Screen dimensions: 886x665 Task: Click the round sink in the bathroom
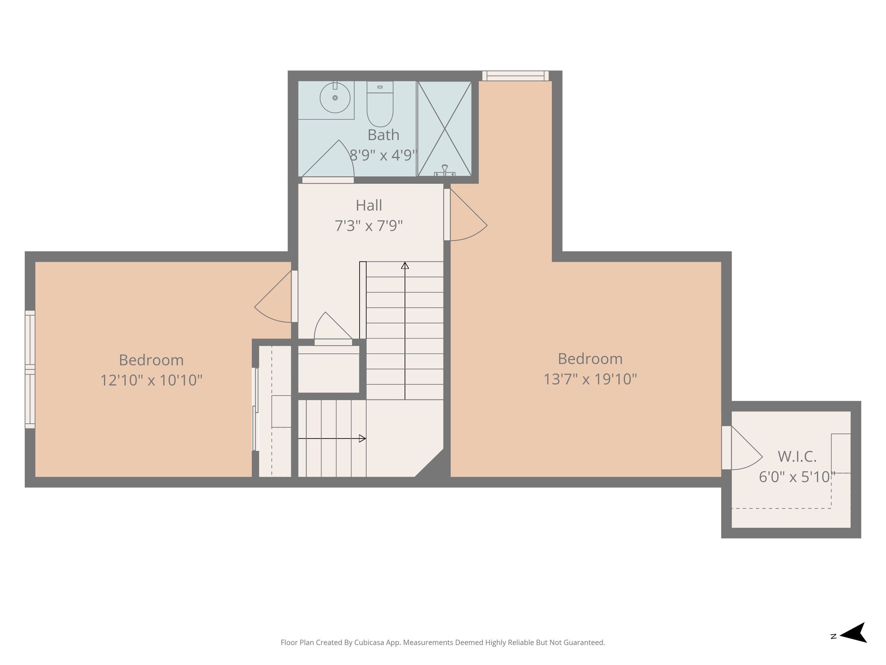coord(335,98)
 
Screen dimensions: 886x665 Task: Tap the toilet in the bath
coord(380,104)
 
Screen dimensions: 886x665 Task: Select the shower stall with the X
coord(444,129)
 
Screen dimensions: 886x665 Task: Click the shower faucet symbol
coord(445,171)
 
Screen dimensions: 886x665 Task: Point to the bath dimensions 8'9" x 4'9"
coord(383,155)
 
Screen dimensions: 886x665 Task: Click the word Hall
coord(369,205)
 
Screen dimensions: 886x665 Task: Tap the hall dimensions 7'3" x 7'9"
coord(369,226)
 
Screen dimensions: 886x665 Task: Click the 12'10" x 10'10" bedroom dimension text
coord(151,380)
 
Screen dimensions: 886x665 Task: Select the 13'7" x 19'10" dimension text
coord(590,379)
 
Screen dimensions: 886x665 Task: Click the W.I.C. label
coord(797,456)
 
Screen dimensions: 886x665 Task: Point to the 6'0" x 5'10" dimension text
coord(797,477)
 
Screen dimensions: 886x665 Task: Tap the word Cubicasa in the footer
coord(372,642)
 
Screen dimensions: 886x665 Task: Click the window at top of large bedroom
coord(515,76)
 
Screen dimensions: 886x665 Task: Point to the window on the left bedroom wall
coord(30,369)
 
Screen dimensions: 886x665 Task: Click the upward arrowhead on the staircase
coord(405,265)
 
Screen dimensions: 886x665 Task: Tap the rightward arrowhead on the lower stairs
coord(363,438)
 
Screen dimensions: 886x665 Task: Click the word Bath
coord(383,135)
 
